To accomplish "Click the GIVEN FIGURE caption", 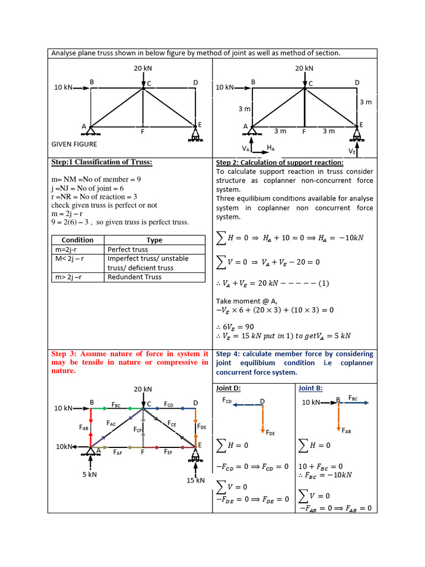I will [74, 145].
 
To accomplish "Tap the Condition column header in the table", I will [77, 240].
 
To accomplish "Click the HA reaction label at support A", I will [271, 148].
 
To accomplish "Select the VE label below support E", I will [351, 151].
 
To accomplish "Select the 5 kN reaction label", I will [89, 474].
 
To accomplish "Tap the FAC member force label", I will [111, 424].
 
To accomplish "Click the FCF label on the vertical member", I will [138, 429].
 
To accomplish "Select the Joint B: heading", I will [312, 388].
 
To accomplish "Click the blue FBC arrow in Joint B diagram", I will [354, 403].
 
